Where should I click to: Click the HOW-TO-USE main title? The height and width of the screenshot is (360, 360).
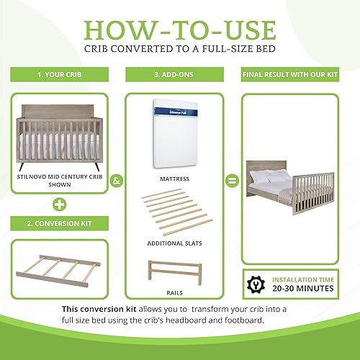point(179,30)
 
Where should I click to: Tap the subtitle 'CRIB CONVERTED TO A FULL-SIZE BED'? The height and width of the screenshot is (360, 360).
point(179,52)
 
